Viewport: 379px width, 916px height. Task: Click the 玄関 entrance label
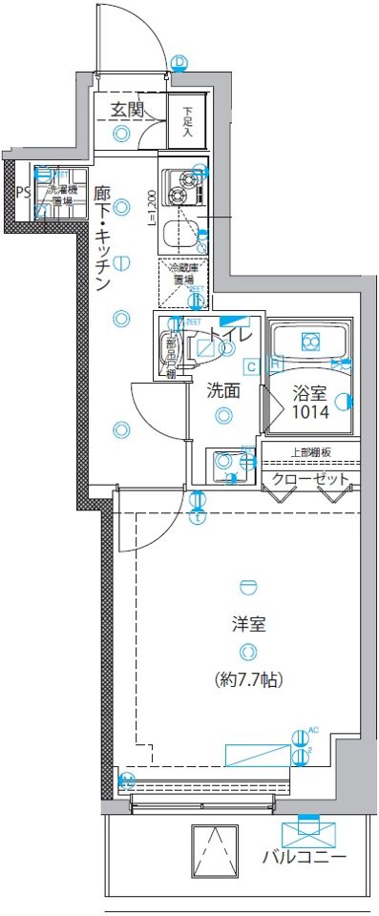[x=126, y=110]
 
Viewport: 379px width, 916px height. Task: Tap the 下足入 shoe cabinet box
[x=188, y=122]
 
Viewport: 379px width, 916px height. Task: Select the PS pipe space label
[x=21, y=189]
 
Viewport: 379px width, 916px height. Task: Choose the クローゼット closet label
[x=310, y=479]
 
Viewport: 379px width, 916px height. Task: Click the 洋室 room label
[x=248, y=625]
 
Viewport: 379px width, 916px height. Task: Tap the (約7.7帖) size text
[x=248, y=680]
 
